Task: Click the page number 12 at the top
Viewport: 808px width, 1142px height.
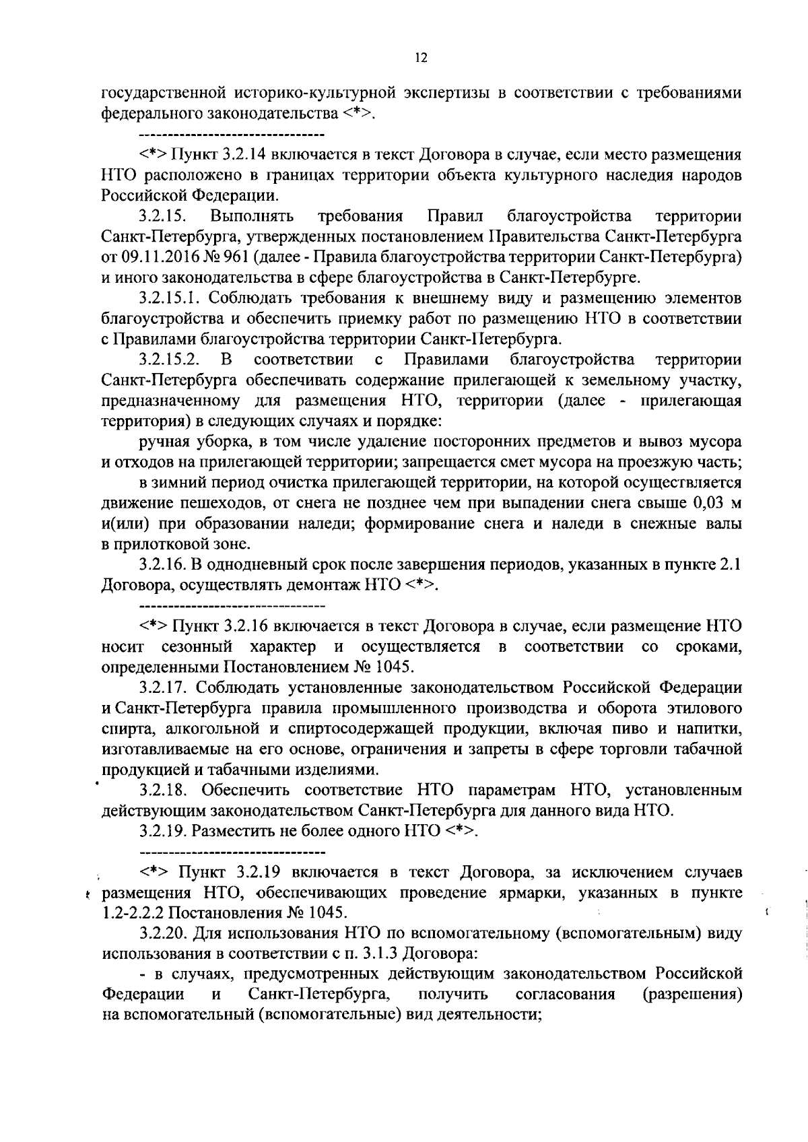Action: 420,59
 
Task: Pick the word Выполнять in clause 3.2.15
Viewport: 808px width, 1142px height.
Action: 252,216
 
